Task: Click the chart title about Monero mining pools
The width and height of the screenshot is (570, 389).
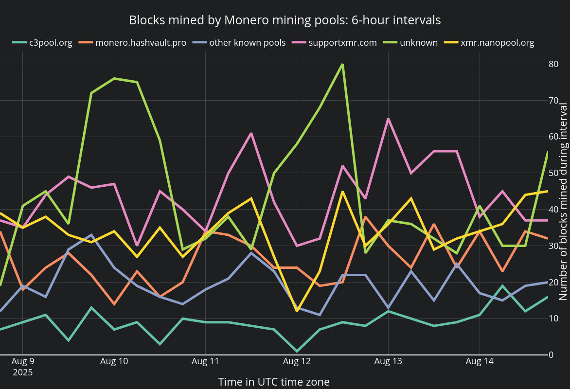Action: pyautogui.click(x=285, y=20)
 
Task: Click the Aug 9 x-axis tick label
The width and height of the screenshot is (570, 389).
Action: pyautogui.click(x=22, y=362)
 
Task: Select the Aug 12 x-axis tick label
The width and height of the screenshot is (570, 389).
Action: pyautogui.click(x=297, y=362)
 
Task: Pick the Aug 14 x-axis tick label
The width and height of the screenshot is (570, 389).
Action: pyautogui.click(x=480, y=362)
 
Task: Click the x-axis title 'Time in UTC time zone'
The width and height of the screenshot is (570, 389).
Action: pyautogui.click(x=274, y=382)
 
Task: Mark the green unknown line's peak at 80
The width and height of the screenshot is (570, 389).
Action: pyautogui.click(x=342, y=64)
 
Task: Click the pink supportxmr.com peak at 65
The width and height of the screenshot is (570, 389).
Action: pyautogui.click(x=388, y=119)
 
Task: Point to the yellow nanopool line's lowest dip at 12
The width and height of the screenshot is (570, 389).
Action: pyautogui.click(x=297, y=311)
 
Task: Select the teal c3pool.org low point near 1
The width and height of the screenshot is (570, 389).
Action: pyautogui.click(x=297, y=351)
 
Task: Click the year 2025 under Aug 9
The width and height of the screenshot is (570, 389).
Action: pyautogui.click(x=22, y=372)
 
